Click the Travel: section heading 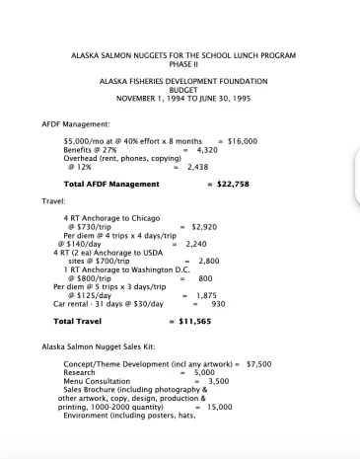pyautogui.click(x=53, y=199)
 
